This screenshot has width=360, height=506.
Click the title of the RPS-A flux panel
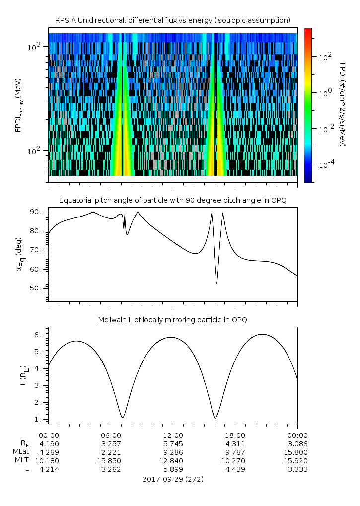pos(172,20)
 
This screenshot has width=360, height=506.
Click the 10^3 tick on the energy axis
pos(38,46)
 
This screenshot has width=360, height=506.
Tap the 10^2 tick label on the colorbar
pos(324,57)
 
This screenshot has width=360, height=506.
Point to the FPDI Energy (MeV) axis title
pos(18,105)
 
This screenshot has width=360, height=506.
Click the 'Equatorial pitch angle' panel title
pos(172,200)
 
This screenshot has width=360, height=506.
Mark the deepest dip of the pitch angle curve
pos(216,283)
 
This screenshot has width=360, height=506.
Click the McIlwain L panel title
pos(172,320)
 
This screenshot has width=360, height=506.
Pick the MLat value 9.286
pos(173,452)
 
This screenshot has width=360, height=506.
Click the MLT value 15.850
pos(110,461)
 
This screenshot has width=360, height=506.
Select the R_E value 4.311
pos(235,443)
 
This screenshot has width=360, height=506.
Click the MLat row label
pos(22,452)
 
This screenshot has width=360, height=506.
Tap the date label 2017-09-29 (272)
pos(173,480)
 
